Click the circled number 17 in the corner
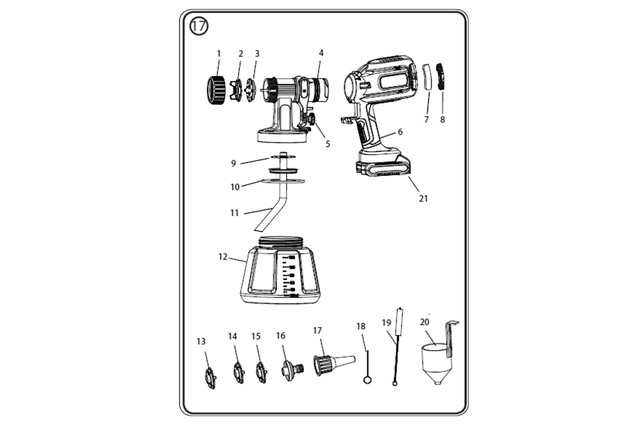tap(198, 26)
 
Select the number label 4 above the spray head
tap(321, 53)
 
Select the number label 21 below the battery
tap(423, 199)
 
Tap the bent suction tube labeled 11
tap(275, 208)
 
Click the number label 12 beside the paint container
tap(223, 257)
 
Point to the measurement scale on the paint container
tap(290, 275)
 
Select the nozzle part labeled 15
tap(261, 372)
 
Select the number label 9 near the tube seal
tap(233, 163)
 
